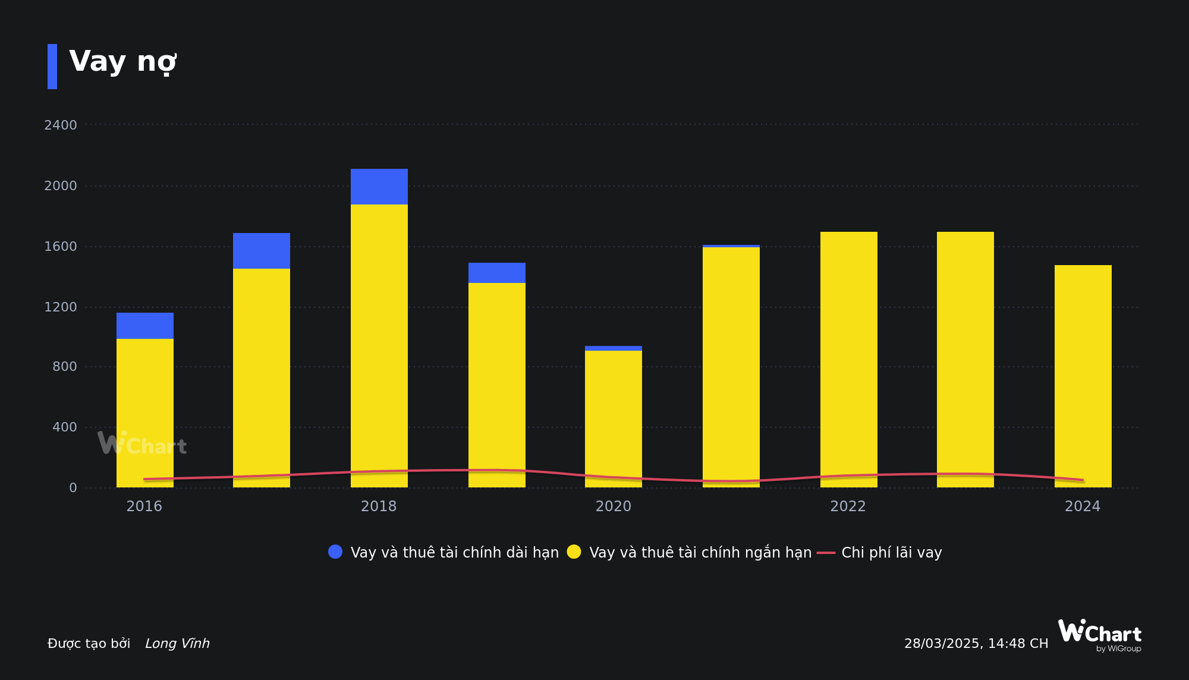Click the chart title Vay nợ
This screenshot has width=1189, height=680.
point(123,62)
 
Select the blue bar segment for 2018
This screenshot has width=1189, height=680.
point(379,187)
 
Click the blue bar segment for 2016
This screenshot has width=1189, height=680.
point(144,326)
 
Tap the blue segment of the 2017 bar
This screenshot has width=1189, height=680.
point(261,251)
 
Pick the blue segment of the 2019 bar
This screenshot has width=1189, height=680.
point(496,273)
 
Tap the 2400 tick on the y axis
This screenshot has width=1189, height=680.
point(61,125)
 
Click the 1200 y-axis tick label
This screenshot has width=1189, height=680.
point(61,307)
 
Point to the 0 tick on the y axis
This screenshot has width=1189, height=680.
point(73,488)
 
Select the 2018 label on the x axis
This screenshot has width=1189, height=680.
point(379,506)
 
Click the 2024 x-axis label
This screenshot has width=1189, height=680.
point(1082,506)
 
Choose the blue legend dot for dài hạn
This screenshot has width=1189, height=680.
point(335,552)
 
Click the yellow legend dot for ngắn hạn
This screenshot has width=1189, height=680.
point(574,552)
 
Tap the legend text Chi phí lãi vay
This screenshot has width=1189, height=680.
point(891,553)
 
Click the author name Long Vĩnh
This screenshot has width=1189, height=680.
point(177,644)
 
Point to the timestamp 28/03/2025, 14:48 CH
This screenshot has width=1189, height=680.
point(976,644)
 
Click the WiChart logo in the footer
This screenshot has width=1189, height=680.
point(1099,635)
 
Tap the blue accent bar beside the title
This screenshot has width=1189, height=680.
point(52,67)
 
